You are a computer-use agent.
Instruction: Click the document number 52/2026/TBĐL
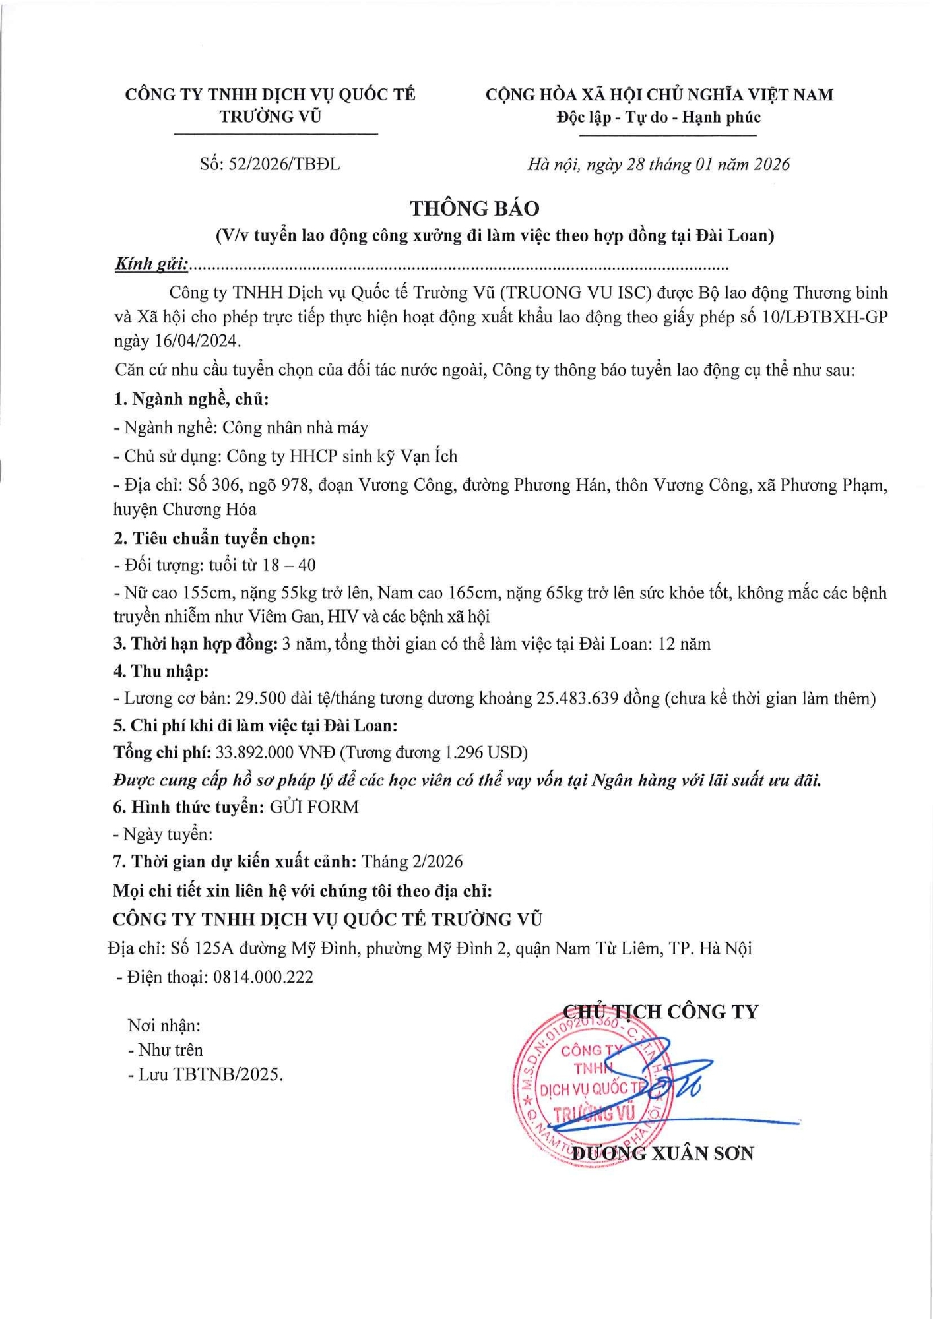[x=284, y=164]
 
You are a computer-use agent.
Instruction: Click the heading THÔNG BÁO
[x=474, y=208]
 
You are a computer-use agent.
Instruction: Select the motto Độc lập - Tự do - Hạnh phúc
[x=659, y=117]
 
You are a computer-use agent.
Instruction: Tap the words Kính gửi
[x=151, y=264]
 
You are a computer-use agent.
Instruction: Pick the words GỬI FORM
[x=314, y=807]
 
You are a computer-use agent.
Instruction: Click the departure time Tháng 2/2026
[x=412, y=861]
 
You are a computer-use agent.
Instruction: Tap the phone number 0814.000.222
[x=263, y=977]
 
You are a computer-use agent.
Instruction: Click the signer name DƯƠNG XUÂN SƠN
[x=662, y=1153]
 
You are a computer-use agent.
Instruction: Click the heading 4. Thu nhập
[x=161, y=671]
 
